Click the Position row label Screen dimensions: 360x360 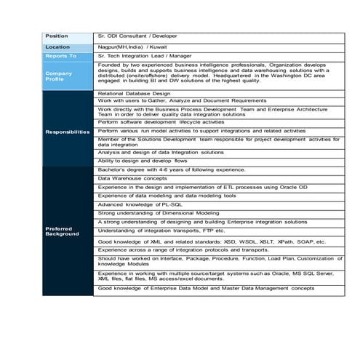pos(57,36)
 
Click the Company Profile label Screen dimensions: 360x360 pos(59,76)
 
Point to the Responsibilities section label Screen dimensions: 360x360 pos(67,132)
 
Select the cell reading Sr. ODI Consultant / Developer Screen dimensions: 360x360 pos(137,36)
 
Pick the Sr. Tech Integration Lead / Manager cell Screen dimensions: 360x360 pos(149,55)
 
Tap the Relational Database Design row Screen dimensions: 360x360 pos(134,94)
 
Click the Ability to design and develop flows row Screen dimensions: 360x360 pos(143,160)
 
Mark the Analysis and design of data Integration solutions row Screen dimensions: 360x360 pos(161,152)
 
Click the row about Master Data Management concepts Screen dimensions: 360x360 pos(207,289)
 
